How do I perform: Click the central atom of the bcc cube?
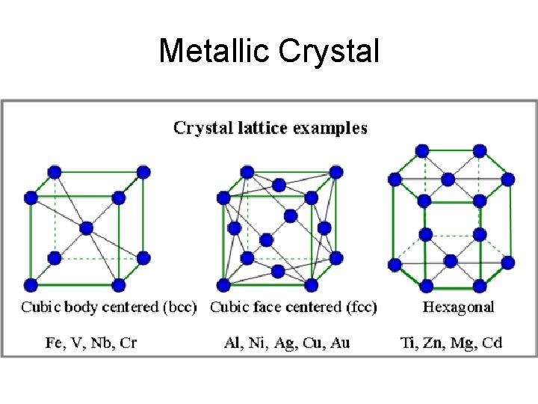(86, 227)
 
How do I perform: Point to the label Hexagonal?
(459, 307)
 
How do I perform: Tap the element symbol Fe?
(55, 343)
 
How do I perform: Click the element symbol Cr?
(128, 343)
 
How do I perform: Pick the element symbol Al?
(232, 343)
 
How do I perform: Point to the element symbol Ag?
(284, 343)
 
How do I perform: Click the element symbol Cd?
(492, 343)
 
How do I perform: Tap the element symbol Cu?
(312, 343)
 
